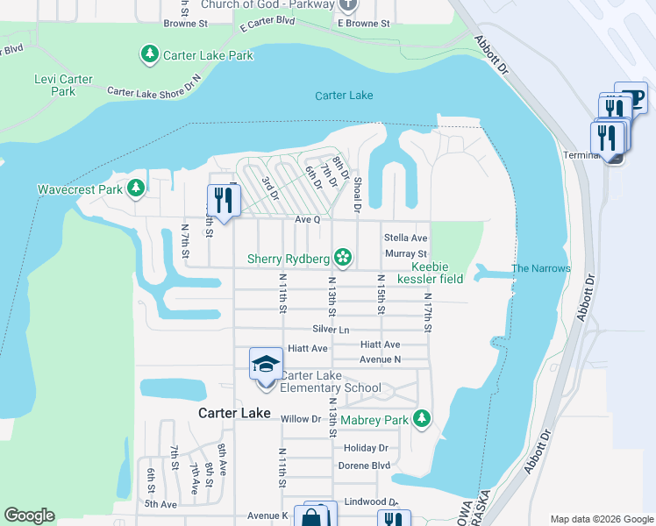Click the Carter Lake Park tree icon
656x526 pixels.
pos(149,55)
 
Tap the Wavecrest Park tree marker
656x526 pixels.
pos(135,188)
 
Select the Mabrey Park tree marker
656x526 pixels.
pos(423,419)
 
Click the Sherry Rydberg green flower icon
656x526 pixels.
pos(344,258)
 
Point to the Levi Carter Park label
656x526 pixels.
pos(63,85)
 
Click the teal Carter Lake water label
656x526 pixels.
pos(345,96)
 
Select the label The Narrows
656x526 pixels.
pos(541,268)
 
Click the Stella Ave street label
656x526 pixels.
pos(405,238)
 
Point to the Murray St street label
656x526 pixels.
pos(405,254)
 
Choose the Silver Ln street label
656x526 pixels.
pos(331,329)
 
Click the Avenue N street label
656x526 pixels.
pos(380,359)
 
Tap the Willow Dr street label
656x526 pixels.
pos(301,419)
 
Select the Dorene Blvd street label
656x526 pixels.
pos(363,465)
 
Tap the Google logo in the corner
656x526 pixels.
pos(29,515)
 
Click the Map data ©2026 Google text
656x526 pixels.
pos(601,518)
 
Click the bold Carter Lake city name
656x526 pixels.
pos(234,413)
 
